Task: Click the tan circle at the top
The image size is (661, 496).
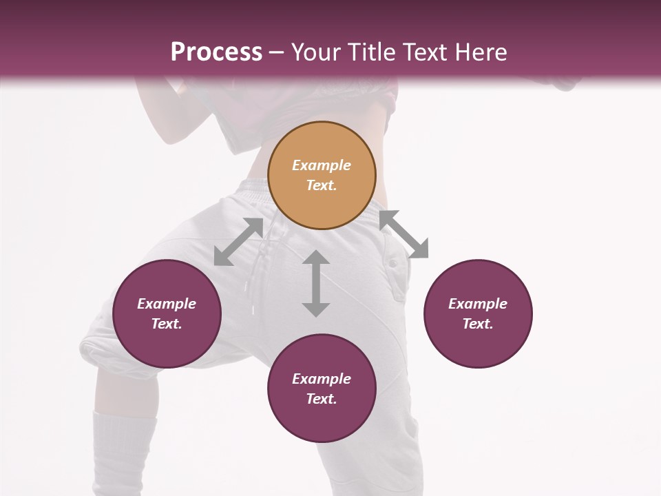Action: [322, 176]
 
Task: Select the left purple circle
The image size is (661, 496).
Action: [167, 313]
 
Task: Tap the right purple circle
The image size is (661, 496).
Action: [478, 313]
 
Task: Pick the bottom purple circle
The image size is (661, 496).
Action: [322, 389]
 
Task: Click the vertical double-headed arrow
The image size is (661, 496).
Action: [316, 283]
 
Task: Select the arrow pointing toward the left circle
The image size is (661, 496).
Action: [238, 242]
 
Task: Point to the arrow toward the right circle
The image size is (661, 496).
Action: [404, 234]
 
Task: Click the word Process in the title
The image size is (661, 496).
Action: [216, 52]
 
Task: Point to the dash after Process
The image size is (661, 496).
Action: [277, 52]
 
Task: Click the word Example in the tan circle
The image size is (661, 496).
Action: [322, 165]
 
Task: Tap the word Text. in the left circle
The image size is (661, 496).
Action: [167, 324]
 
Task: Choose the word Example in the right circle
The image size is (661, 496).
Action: [478, 304]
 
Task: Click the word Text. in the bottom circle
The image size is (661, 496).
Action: [322, 399]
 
